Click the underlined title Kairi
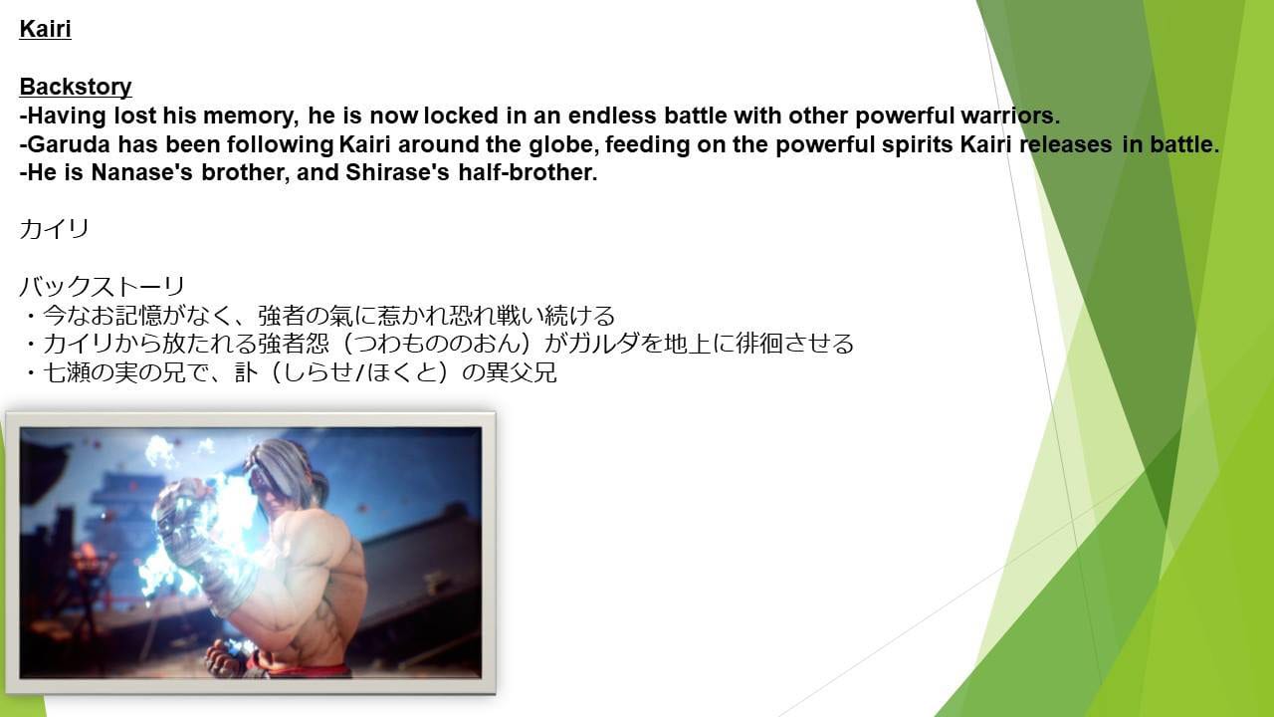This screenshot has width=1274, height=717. point(45,29)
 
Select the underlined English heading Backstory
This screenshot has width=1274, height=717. point(76,87)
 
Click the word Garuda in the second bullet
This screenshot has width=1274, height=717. point(69,144)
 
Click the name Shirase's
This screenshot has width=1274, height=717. point(397,172)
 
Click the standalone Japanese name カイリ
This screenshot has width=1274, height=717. point(54,229)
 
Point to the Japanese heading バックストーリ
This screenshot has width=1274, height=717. point(103,286)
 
